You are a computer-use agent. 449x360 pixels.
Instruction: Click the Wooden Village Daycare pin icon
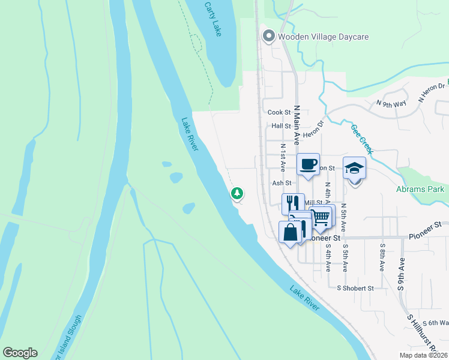pyautogui.click(x=268, y=37)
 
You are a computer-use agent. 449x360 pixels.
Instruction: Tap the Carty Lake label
pyautogui.click(x=212, y=19)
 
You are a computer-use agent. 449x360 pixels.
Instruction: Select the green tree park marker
pyautogui.click(x=238, y=193)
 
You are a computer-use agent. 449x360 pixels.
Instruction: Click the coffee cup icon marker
pyautogui.click(x=309, y=164)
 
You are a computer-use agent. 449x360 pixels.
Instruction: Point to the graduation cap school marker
pyautogui.click(x=354, y=169)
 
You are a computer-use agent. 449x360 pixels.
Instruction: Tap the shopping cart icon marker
pyautogui.click(x=321, y=217)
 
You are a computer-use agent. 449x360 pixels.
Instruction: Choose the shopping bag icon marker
pyautogui.click(x=291, y=232)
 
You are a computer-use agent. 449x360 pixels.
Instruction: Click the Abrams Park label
pyautogui.click(x=420, y=190)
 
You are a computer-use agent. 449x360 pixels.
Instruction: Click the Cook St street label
pyautogui.click(x=279, y=112)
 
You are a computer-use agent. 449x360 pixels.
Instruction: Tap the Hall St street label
pyautogui.click(x=281, y=127)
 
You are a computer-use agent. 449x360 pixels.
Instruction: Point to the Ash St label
pyautogui.click(x=281, y=183)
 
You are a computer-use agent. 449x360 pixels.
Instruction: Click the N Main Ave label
pyautogui.click(x=297, y=125)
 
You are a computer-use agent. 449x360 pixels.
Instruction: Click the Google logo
pyautogui.click(x=20, y=353)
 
